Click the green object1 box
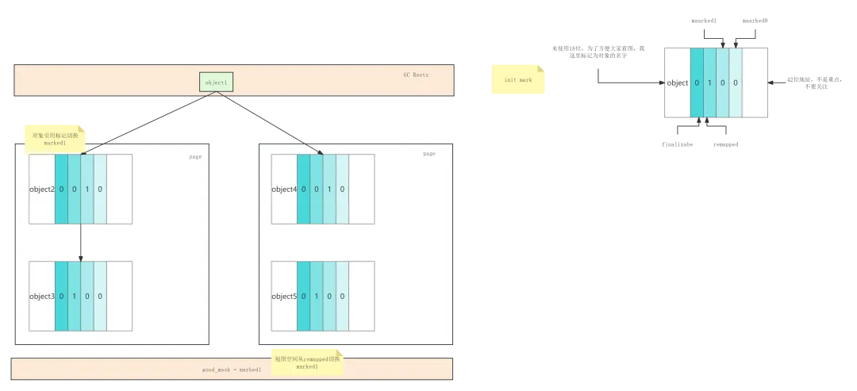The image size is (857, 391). [x=216, y=82]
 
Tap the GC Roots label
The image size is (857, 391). [x=415, y=75]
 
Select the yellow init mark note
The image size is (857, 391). [x=517, y=80]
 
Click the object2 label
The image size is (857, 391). [x=41, y=189]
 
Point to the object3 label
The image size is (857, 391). [x=41, y=297]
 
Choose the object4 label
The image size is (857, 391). [x=283, y=189]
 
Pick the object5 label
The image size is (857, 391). [x=283, y=297]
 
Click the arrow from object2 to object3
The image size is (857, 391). [x=81, y=242]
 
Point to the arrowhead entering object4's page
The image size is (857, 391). [x=308, y=142]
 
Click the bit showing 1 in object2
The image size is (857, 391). [x=87, y=189]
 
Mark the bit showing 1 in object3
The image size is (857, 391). [x=74, y=297]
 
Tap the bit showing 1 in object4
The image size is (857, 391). [x=329, y=189]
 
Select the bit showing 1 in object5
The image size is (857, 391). [x=316, y=297]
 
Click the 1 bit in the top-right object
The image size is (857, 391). [x=709, y=82]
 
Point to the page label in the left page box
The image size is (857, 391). [x=195, y=157]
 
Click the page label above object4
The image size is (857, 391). [x=429, y=154]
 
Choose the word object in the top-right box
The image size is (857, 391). [x=678, y=82]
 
